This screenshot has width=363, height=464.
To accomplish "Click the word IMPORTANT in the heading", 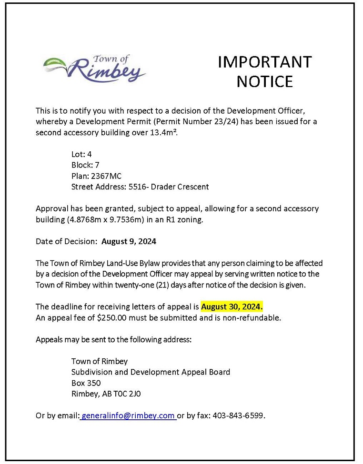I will click(x=264, y=62).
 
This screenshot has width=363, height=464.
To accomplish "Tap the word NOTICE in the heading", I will click(x=264, y=82).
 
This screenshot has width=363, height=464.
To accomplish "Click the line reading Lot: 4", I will click(x=81, y=154).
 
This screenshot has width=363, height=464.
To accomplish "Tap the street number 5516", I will click(x=138, y=187).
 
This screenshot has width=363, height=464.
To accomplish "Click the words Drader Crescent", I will click(x=180, y=187).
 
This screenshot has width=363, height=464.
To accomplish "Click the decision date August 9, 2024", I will click(x=129, y=241).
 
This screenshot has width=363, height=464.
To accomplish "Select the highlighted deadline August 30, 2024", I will click(x=232, y=306).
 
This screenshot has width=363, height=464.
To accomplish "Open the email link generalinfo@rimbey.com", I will click(x=128, y=415).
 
